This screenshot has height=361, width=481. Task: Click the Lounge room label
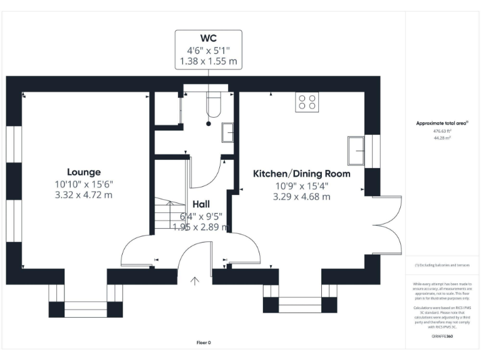coord(84,172)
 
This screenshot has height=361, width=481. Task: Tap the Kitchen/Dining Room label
coord(301,174)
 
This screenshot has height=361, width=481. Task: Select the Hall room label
coord(201,204)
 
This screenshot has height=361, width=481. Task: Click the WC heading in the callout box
coord(208,38)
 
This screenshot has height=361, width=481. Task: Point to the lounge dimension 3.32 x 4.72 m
coord(84,195)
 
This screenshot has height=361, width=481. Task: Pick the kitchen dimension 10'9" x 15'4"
coord(301,186)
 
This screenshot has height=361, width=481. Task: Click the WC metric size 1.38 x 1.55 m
coord(208,61)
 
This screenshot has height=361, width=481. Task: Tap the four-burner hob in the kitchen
coord(307,102)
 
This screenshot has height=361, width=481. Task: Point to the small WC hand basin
coord(229,132)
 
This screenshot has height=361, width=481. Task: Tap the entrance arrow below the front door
coord(195,281)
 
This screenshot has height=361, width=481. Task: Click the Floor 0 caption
coord(204,343)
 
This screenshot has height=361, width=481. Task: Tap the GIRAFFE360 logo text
coord(442,337)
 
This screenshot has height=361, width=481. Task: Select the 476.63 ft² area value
coord(442,132)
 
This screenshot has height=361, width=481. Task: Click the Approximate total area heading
coord(442,123)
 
